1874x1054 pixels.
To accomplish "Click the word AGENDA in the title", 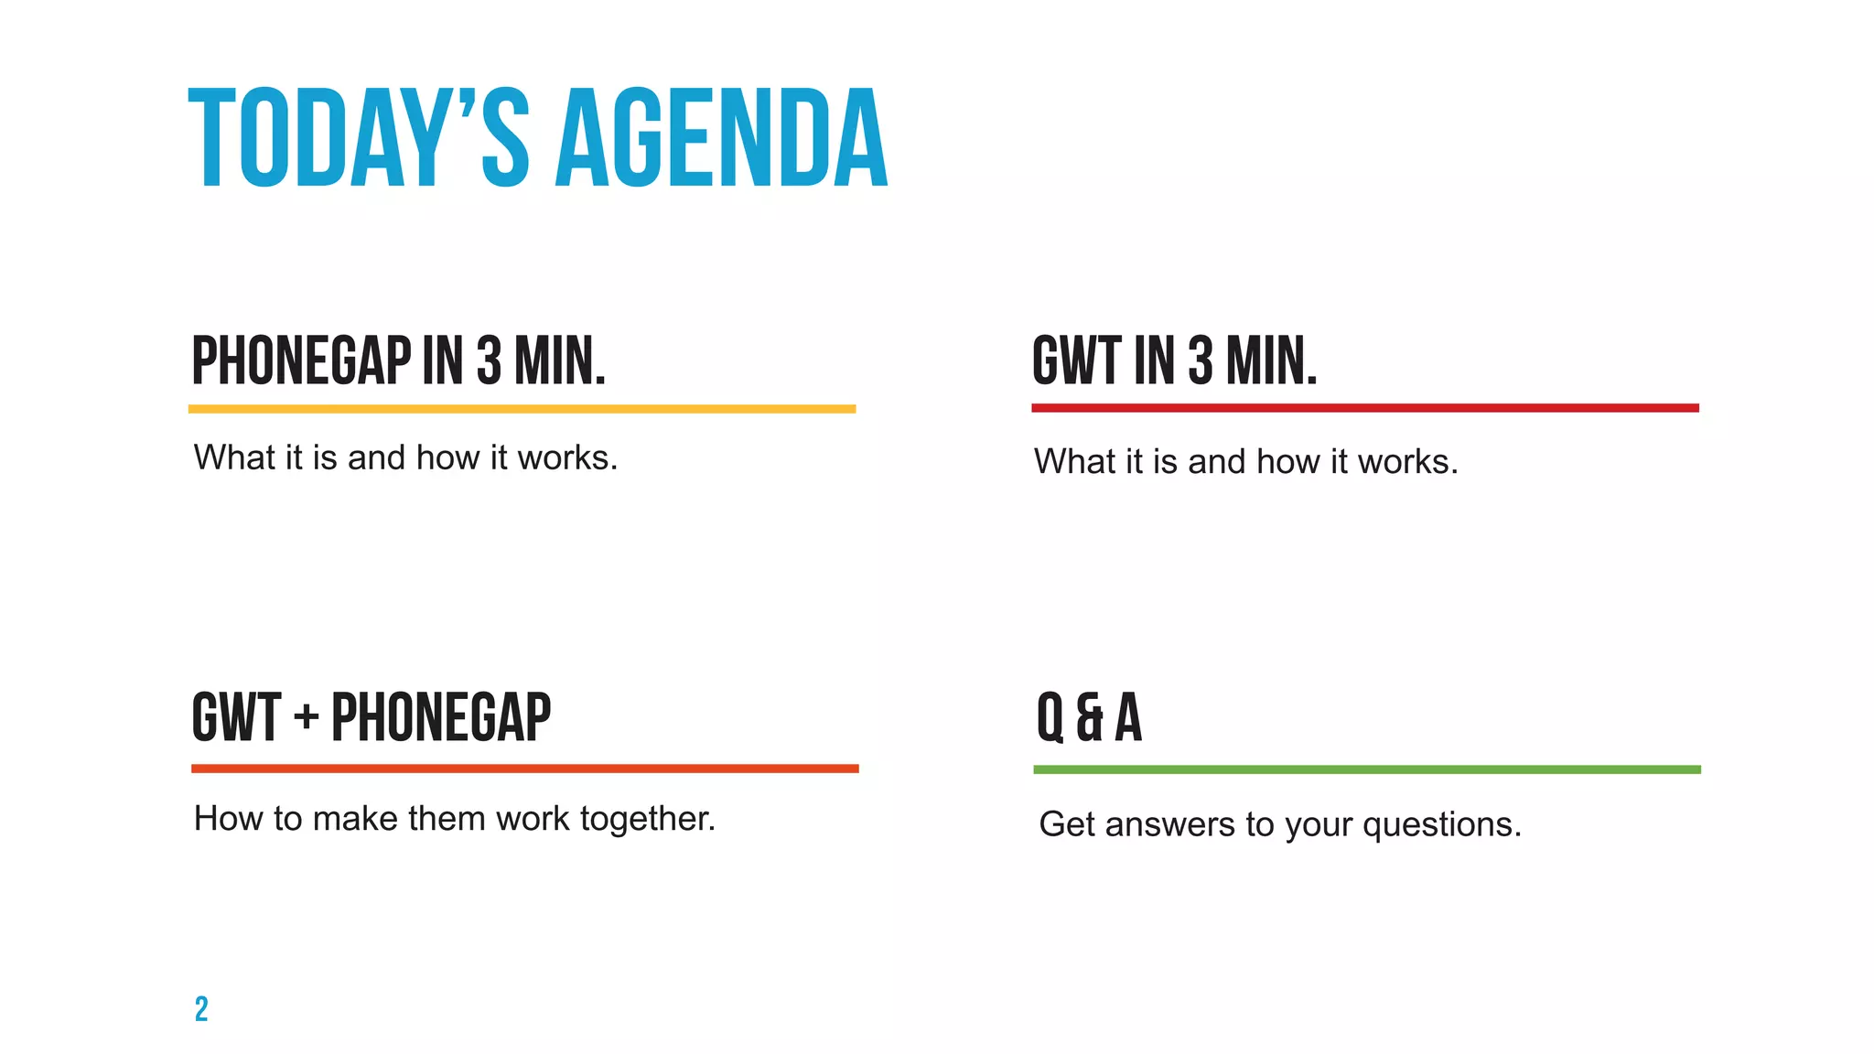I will coord(722,139).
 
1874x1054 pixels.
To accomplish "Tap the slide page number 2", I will coord(201,1008).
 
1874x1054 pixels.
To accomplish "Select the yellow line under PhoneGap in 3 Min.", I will coord(522,409).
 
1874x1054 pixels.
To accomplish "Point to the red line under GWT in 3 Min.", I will coord(1364,408).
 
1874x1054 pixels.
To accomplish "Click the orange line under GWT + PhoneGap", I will coord(524,769).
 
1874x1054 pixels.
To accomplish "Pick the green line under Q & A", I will coord(1366,769).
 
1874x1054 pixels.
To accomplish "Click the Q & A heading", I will coord(1089,717).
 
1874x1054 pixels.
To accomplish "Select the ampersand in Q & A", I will coord(1090,718).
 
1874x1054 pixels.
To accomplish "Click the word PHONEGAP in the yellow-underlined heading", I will coord(301,361).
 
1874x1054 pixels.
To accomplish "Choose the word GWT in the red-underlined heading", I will coord(1076,361).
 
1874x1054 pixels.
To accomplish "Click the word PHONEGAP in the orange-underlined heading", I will coord(441,718).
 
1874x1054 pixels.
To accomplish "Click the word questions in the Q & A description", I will coord(1441,825).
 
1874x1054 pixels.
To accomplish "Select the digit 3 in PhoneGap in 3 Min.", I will coord(489,361).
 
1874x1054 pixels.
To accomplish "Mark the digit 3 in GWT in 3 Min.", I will coord(1200,361).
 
